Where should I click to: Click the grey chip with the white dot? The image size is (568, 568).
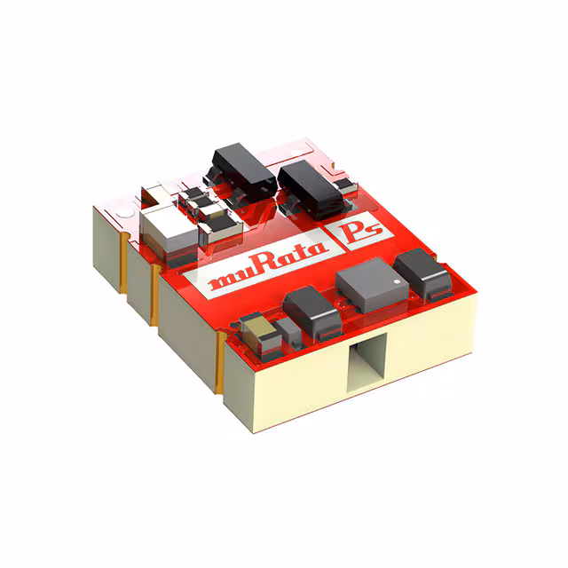(x=365, y=283)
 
